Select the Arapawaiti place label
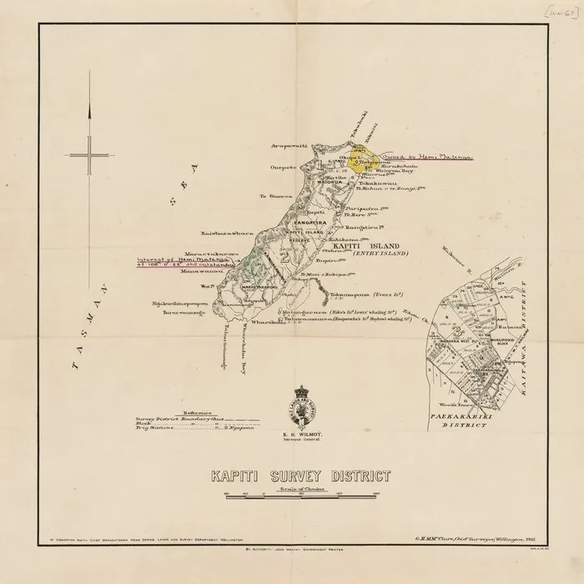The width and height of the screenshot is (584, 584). tap(289, 144)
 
